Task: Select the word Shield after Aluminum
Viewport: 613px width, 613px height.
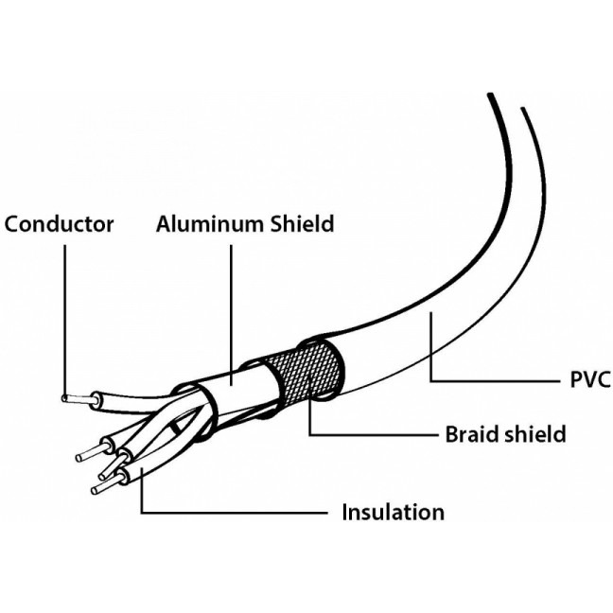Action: point(300,224)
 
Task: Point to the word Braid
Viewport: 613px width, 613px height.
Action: point(473,434)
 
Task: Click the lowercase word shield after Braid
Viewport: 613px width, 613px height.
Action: point(535,434)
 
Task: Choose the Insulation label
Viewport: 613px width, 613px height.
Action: point(393,513)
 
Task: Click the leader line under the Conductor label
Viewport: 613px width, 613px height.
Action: point(64,312)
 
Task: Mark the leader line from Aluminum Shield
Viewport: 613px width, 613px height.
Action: point(230,312)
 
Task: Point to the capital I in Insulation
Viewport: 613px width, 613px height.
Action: point(345,513)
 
